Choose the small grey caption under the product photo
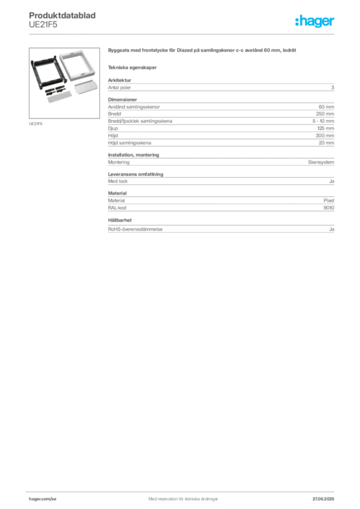tap(36, 123)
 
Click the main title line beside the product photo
tap(203, 52)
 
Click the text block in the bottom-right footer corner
tap(327, 496)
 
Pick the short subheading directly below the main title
tap(133, 67)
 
